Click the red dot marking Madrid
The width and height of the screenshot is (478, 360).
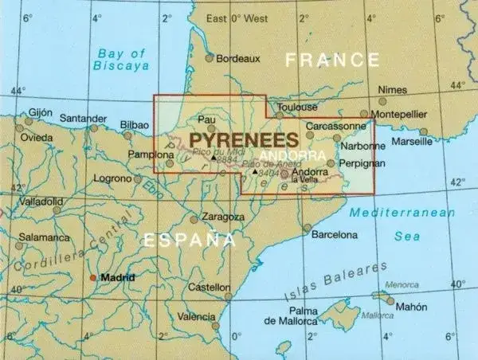[x=93, y=278]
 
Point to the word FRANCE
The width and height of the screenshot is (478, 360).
[x=333, y=60]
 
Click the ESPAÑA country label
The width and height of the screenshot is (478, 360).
[x=189, y=239]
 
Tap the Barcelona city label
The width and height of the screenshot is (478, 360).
[x=334, y=235]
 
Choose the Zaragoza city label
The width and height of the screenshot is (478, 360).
[x=223, y=217]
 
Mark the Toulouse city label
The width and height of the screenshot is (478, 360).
[x=296, y=107]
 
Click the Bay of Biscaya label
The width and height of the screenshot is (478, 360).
[x=123, y=61]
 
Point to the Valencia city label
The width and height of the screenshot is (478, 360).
[x=196, y=316]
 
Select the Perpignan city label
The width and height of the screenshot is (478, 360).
[x=362, y=163]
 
